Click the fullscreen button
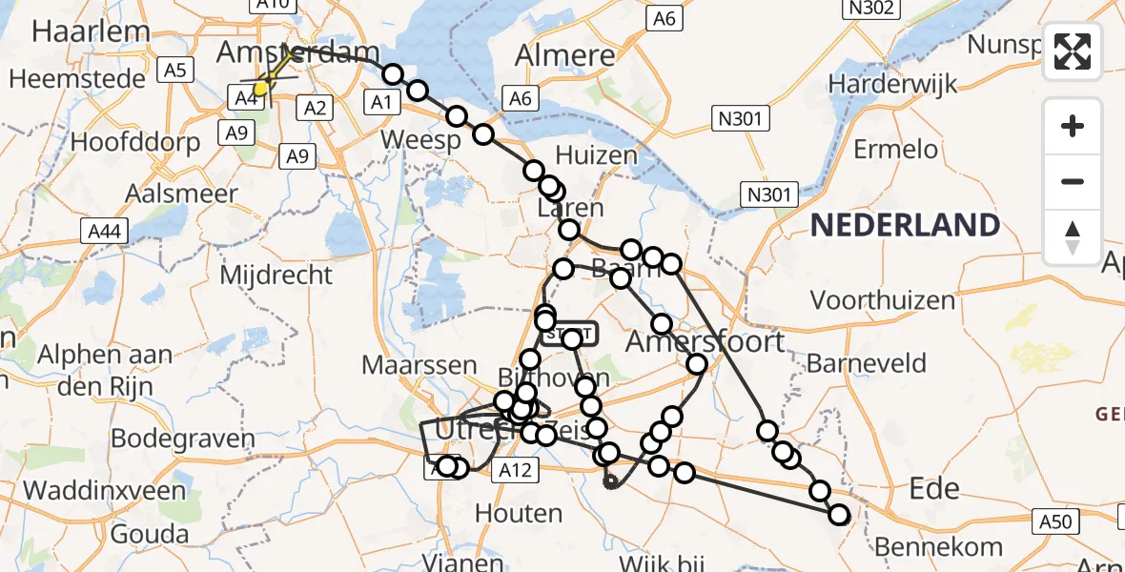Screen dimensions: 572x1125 (1073, 51)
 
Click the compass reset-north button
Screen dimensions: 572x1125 (1073, 237)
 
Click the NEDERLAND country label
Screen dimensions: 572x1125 (905, 226)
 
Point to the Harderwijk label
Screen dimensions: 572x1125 (890, 83)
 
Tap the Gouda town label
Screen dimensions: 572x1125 (149, 533)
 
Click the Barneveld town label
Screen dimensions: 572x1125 (867, 362)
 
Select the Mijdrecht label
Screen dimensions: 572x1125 (276, 276)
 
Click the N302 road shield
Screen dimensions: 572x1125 (870, 10)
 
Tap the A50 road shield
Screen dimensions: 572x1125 (1055, 521)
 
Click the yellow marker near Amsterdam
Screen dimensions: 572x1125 (259, 89)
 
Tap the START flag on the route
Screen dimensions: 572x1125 (570, 333)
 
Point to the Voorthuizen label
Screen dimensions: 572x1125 (883, 300)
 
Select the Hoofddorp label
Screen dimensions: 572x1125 (135, 142)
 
